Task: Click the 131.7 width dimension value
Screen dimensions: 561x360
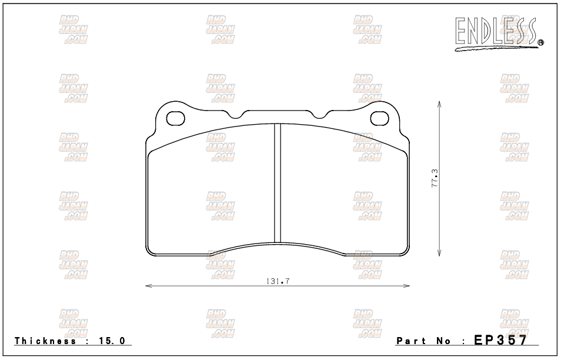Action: (278, 281)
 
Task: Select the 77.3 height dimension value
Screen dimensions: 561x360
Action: (435, 178)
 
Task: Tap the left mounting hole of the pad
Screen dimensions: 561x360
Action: (176, 118)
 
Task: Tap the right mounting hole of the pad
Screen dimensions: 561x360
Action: (379, 118)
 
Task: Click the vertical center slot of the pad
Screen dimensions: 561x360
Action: (278, 183)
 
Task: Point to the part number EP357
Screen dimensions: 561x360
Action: (500, 339)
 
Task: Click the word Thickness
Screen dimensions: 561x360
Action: (45, 341)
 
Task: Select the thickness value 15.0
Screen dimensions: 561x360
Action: (112, 341)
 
